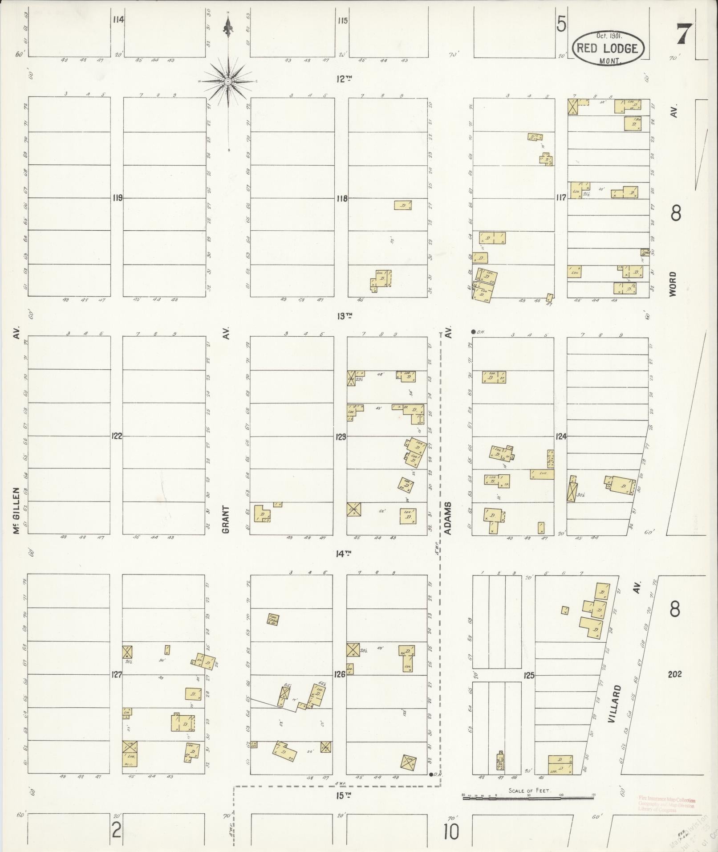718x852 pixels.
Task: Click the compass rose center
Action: click(x=228, y=82)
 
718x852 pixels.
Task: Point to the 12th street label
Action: click(x=344, y=79)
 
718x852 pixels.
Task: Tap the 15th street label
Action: click(x=341, y=796)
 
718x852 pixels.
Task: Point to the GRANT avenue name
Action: click(x=226, y=519)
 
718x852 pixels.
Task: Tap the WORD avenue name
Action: click(x=673, y=284)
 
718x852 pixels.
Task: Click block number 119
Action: click(x=117, y=198)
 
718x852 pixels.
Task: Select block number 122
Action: click(x=117, y=436)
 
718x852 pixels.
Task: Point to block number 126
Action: click(x=340, y=675)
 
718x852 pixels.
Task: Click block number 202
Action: click(x=675, y=674)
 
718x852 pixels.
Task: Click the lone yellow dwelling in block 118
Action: click(x=402, y=205)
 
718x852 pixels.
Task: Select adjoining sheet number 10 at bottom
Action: click(x=450, y=831)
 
